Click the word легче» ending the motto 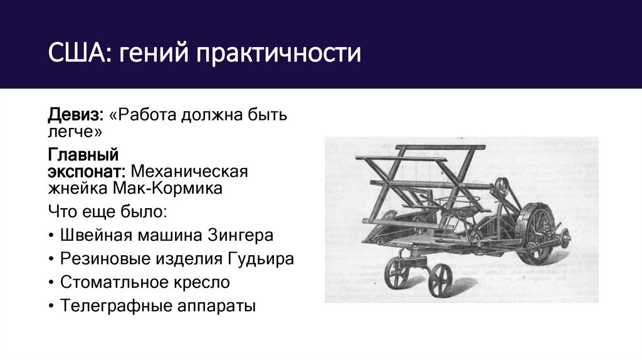(x=75, y=132)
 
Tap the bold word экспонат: (x=87, y=171)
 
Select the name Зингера (x=242, y=236)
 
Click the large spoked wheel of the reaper (x=539, y=233)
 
